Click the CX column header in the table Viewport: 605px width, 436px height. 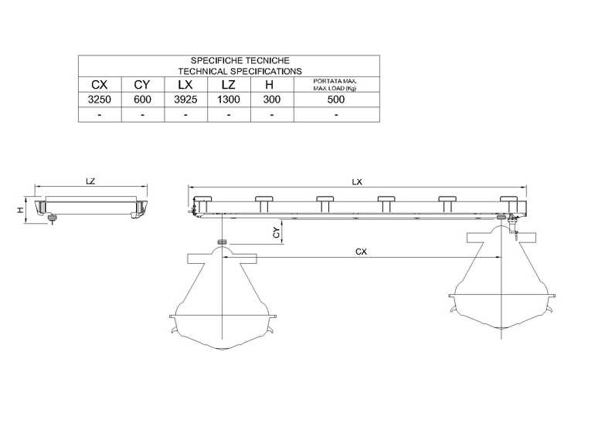pyautogui.click(x=100, y=84)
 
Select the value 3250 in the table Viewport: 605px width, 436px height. pyautogui.click(x=100, y=100)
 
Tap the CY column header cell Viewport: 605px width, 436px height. pyautogui.click(x=142, y=84)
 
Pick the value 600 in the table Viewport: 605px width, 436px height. pyautogui.click(x=142, y=100)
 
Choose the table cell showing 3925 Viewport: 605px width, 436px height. pyautogui.click(x=185, y=100)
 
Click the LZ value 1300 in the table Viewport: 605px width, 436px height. pyautogui.click(x=229, y=100)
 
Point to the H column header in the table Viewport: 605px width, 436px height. pyautogui.click(x=270, y=84)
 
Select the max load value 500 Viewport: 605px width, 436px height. pyautogui.click(x=336, y=100)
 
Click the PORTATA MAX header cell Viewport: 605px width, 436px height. pyautogui.click(x=335, y=85)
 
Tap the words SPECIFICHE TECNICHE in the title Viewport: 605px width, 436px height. pyautogui.click(x=240, y=60)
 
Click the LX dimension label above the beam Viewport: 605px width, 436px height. pyautogui.click(x=357, y=182)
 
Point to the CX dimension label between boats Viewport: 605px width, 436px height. pyautogui.click(x=361, y=252)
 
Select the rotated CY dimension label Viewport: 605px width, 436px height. pyautogui.click(x=277, y=233)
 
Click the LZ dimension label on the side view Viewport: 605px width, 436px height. pyautogui.click(x=90, y=181)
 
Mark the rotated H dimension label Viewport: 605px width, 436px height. pyautogui.click(x=20, y=210)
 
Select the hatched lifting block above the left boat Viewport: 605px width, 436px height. pyautogui.click(x=222, y=242)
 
